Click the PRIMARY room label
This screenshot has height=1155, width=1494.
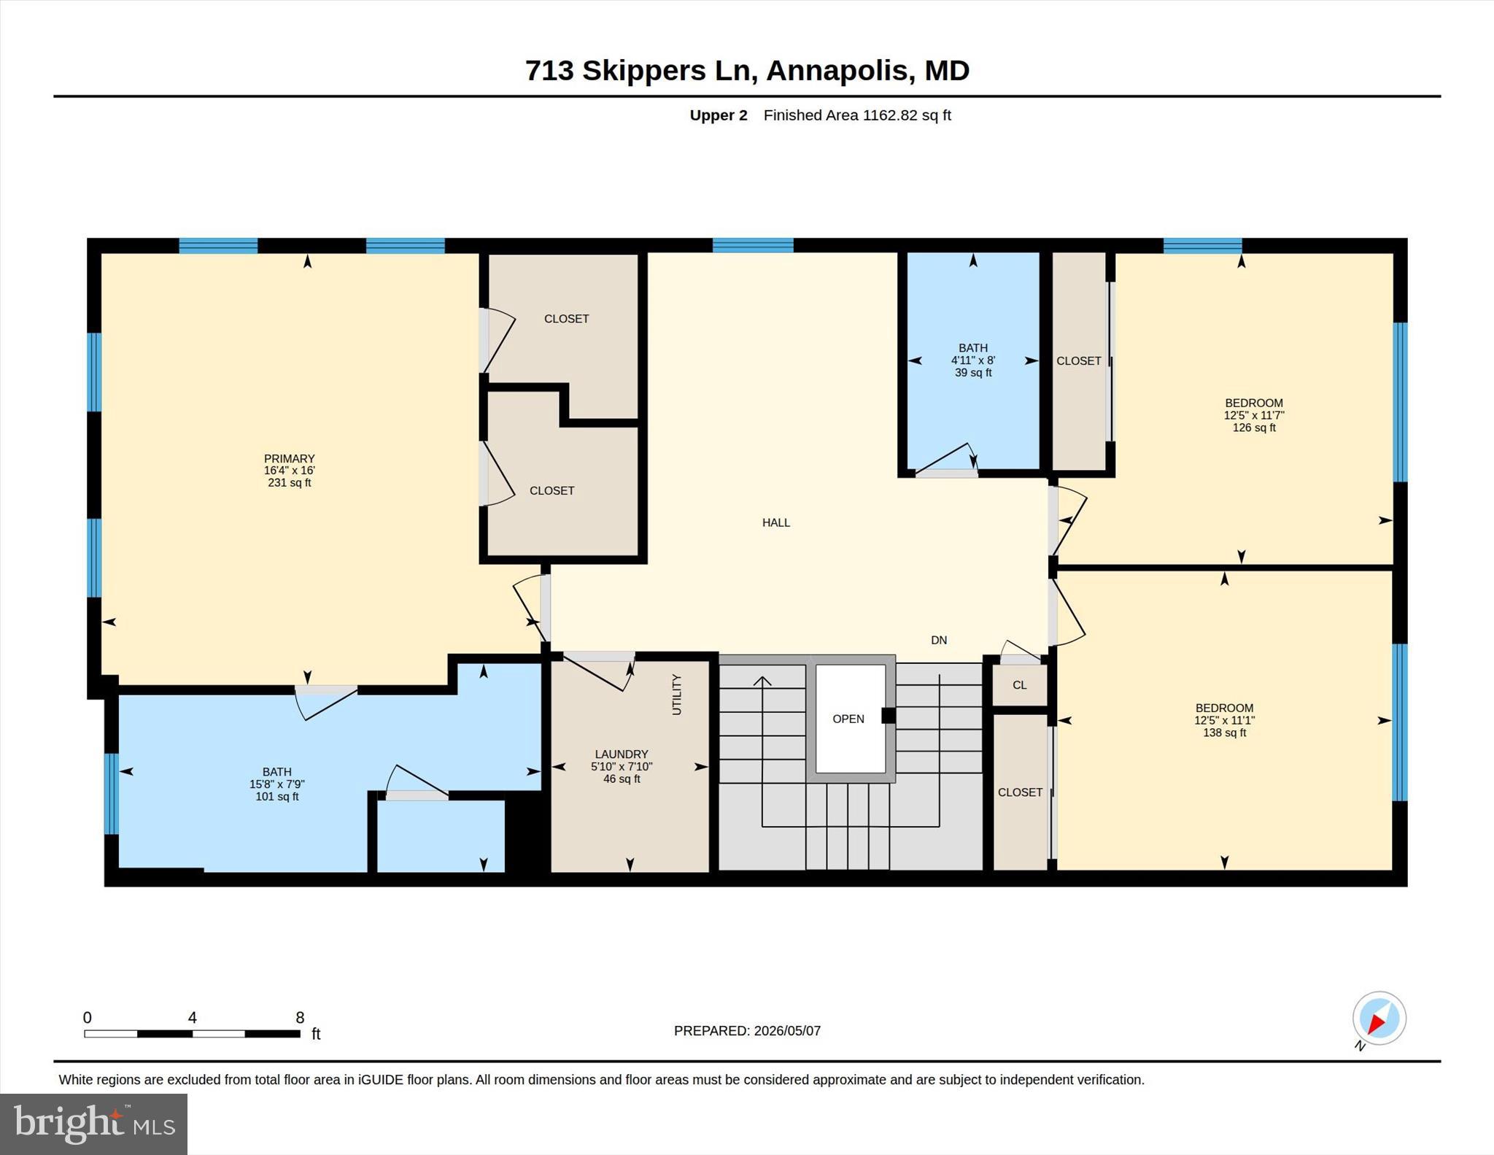(290, 458)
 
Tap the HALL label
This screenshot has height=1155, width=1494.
(776, 522)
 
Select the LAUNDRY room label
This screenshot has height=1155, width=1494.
(622, 754)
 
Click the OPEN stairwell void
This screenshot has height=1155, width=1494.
(848, 719)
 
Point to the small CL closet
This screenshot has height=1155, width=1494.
(1020, 685)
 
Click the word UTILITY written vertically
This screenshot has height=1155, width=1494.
(676, 695)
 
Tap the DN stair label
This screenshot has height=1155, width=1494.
(939, 640)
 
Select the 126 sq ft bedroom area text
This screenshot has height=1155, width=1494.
(1254, 428)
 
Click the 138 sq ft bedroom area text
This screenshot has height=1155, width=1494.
(1225, 733)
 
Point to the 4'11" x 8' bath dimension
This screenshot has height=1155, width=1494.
(973, 360)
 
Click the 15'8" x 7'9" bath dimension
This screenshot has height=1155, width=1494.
(277, 784)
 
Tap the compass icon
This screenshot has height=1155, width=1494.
(1379, 1019)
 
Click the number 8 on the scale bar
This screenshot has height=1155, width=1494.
(300, 1018)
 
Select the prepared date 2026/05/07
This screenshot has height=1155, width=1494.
(787, 1031)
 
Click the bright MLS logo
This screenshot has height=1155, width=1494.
(94, 1124)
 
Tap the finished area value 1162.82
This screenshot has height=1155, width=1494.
(890, 115)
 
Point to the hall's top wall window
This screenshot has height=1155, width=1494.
(753, 245)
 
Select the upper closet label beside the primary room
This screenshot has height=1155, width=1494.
(567, 319)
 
